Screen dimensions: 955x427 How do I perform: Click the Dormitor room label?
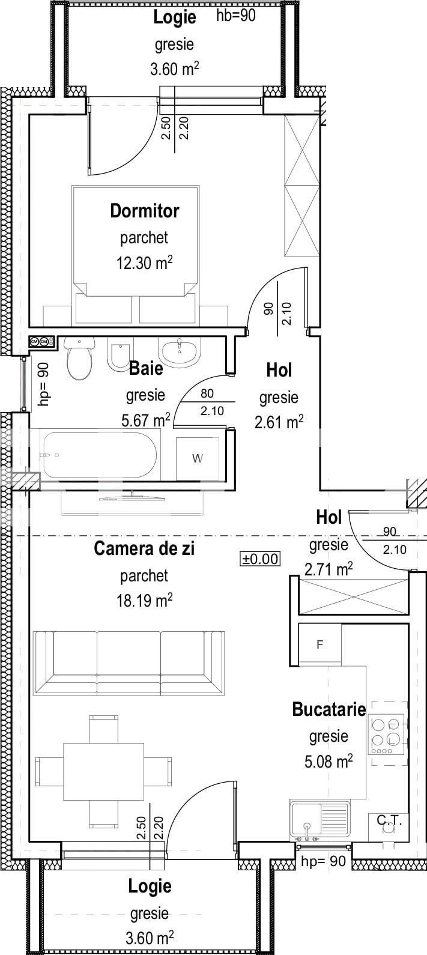click(x=144, y=211)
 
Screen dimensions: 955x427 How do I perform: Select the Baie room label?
click(x=145, y=368)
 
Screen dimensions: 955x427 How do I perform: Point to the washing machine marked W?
click(x=197, y=458)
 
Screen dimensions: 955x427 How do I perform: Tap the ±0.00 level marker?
click(x=260, y=559)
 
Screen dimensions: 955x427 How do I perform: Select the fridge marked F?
click(x=320, y=644)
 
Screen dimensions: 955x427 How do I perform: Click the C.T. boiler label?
click(x=389, y=820)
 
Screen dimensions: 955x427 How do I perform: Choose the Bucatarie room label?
click(x=329, y=709)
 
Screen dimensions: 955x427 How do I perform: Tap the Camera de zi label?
click(x=144, y=548)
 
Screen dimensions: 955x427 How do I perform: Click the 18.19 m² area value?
click(x=144, y=600)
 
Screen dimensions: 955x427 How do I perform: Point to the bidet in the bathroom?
click(x=122, y=354)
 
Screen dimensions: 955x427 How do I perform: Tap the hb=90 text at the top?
click(x=235, y=16)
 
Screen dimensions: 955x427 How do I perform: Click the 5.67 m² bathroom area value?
click(x=145, y=420)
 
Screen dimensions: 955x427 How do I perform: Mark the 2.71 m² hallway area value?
click(x=328, y=569)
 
